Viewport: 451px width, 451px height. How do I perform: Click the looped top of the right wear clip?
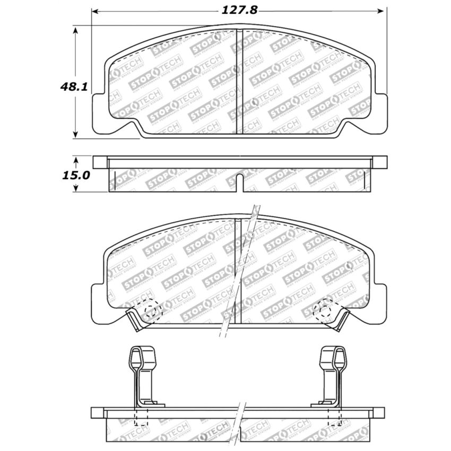pos(333,357)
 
